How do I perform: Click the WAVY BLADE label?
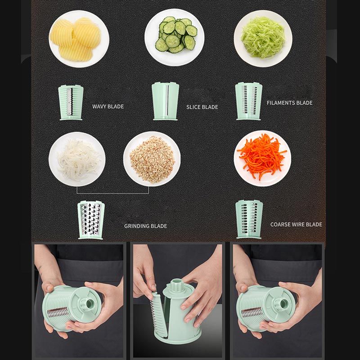pyautogui.click(x=108, y=107)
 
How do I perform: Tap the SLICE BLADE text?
pyautogui.click(x=202, y=107)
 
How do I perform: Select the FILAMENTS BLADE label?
pyautogui.click(x=289, y=103)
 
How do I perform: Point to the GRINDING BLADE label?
pyautogui.click(x=145, y=226)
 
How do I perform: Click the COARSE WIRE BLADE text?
pyautogui.click(x=296, y=224)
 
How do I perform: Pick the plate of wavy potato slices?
pyautogui.click(x=79, y=39)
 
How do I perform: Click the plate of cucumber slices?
pyautogui.click(x=175, y=37)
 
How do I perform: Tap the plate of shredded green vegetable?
pyautogui.click(x=263, y=39)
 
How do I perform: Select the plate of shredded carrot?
pyautogui.click(x=262, y=158)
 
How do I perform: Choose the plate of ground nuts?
pyautogui.click(x=152, y=159)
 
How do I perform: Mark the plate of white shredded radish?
pyautogui.click(x=77, y=159)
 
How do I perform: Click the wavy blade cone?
pyautogui.click(x=71, y=103)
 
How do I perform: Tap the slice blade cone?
pyautogui.click(x=165, y=101)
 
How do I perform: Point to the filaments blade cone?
pyautogui.click(x=249, y=101)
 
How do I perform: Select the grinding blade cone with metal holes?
pyautogui.click(x=91, y=220)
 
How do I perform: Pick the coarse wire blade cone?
pyautogui.click(x=249, y=219)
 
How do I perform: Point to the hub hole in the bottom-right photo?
pyautogui.click(x=284, y=303)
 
